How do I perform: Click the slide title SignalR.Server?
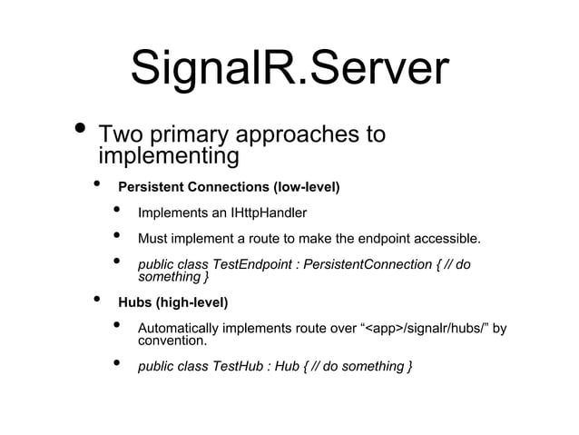pos(289,69)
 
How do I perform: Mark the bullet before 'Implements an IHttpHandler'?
pos(117,212)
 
